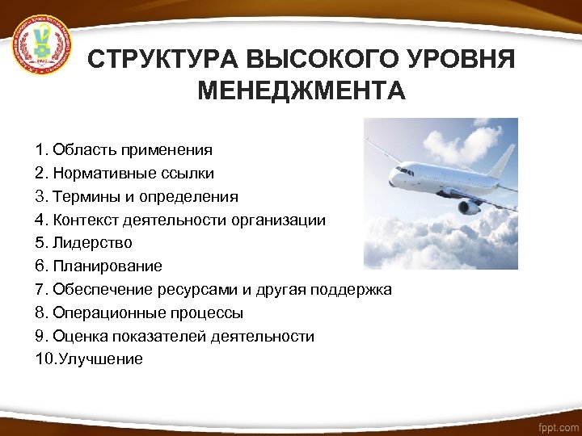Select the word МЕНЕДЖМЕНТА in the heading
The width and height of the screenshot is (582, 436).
[x=301, y=91]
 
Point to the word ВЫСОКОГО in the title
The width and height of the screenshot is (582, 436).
[x=314, y=61]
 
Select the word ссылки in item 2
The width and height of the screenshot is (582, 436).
[x=187, y=174]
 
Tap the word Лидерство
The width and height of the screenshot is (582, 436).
[x=91, y=243]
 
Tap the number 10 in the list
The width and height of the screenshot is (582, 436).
[x=44, y=359]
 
